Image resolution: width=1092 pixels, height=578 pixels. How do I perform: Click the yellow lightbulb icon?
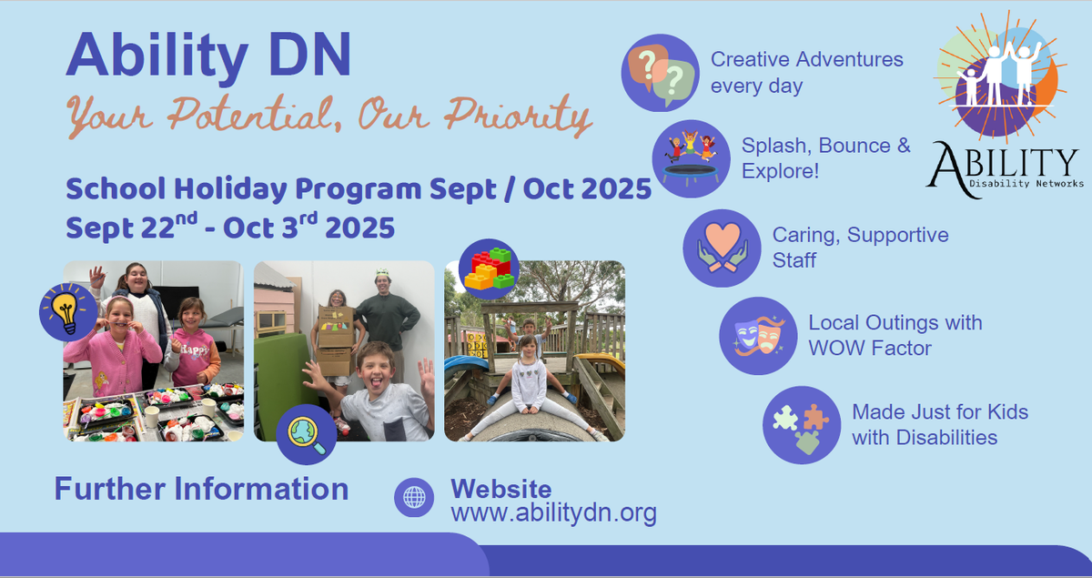click(x=68, y=311)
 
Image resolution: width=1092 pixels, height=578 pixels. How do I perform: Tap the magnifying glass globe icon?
click(x=306, y=434)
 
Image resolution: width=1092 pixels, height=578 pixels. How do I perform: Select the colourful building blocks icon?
click(x=489, y=269)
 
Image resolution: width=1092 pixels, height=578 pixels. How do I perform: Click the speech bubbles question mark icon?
click(x=660, y=73)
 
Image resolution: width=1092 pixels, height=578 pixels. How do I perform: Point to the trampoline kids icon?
click(x=692, y=158)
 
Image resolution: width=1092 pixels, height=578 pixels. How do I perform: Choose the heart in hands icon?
click(x=722, y=248)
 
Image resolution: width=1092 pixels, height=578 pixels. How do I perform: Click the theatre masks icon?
click(x=758, y=336)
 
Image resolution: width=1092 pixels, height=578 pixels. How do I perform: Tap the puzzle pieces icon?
click(x=802, y=425)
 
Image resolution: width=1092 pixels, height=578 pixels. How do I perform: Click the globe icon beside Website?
click(x=414, y=497)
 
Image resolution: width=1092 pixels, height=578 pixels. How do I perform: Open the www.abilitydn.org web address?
click(x=554, y=513)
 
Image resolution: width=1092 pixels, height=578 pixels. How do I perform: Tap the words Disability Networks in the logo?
click(x=1026, y=184)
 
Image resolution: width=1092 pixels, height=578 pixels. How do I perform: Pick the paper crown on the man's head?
click(x=381, y=272)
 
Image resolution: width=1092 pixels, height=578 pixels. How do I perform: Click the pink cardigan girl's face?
click(x=118, y=316)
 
